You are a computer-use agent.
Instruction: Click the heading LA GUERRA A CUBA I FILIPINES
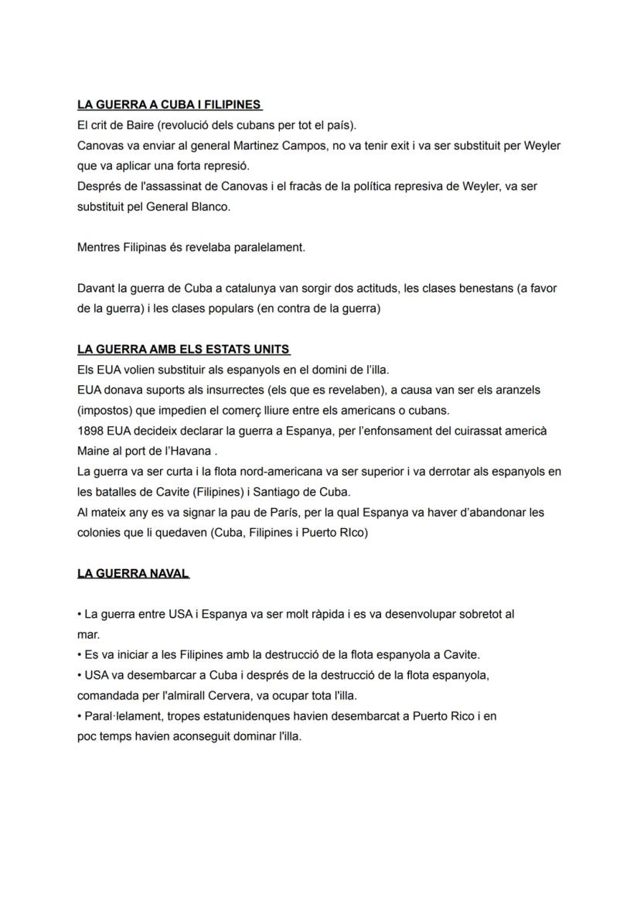(x=169, y=105)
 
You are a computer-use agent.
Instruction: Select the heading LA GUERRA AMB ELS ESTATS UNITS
(x=183, y=350)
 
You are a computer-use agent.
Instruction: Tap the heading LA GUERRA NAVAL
(x=133, y=574)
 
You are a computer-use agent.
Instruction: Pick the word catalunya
(x=249, y=288)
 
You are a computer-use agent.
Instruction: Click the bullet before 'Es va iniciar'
(x=79, y=655)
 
